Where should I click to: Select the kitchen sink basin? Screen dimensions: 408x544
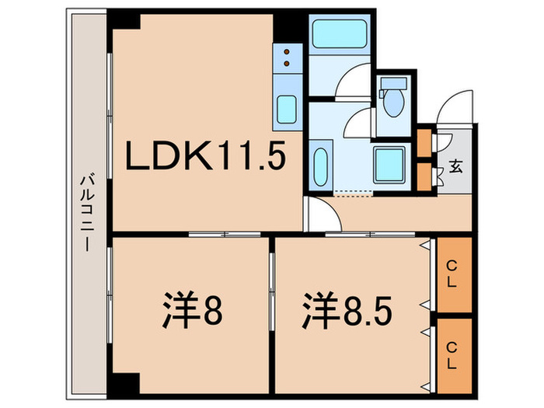coord(286,108)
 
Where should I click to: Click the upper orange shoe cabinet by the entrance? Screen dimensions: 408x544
coord(424,142)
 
